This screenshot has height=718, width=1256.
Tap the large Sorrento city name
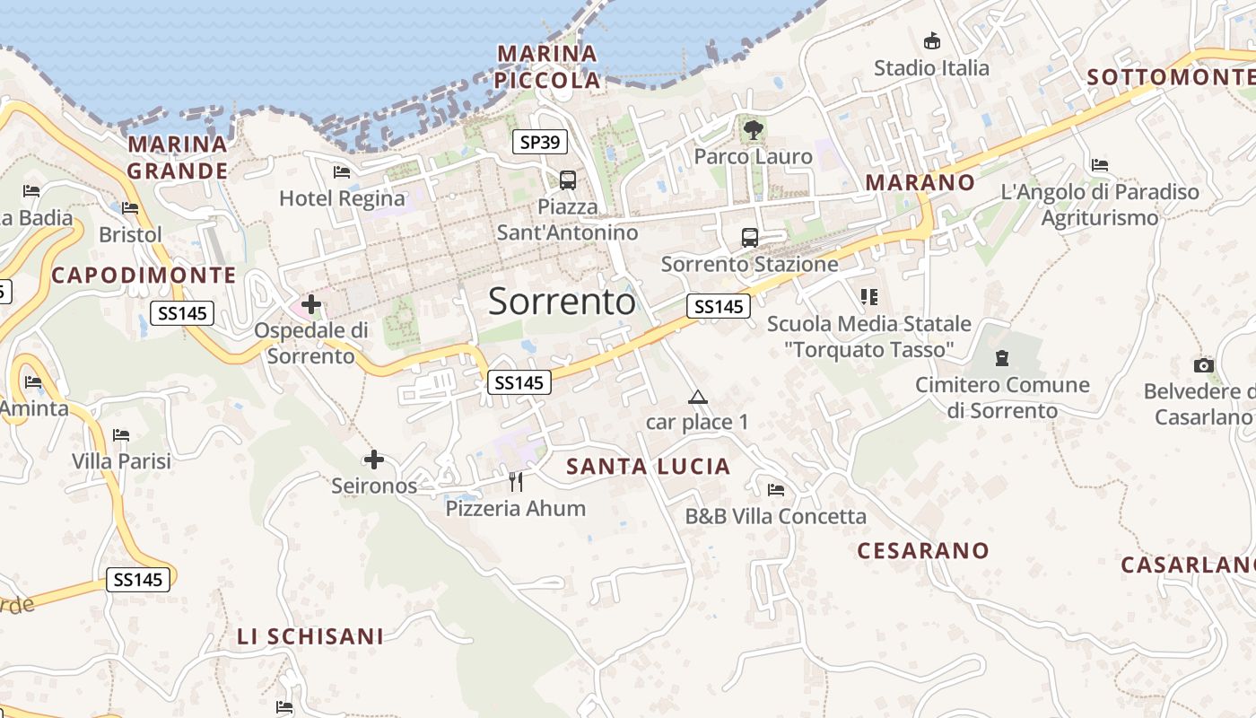click(562, 302)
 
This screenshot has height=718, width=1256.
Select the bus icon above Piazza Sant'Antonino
click(568, 180)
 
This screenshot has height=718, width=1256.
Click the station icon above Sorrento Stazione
click(750, 238)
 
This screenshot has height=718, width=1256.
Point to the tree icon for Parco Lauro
click(754, 130)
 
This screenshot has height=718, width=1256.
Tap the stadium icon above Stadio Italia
click(932, 40)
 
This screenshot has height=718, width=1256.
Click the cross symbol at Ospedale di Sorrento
click(311, 304)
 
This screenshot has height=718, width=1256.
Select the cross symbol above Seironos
click(374, 460)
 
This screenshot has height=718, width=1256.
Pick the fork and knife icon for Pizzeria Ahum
click(516, 482)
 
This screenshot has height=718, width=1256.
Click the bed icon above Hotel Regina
click(342, 171)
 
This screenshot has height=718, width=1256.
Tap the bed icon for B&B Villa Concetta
click(776, 490)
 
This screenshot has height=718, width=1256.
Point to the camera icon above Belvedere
click(1204, 365)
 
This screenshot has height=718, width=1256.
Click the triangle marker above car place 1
click(697, 397)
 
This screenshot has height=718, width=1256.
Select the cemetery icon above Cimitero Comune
click(1002, 358)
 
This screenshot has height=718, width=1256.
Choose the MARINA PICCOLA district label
click(548, 66)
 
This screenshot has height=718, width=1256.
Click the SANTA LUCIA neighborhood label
click(649, 467)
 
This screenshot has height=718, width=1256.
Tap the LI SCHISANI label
click(310, 637)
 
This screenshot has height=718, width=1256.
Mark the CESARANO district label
click(923, 551)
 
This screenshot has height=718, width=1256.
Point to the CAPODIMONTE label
click(144, 276)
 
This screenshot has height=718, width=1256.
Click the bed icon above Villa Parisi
click(121, 435)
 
